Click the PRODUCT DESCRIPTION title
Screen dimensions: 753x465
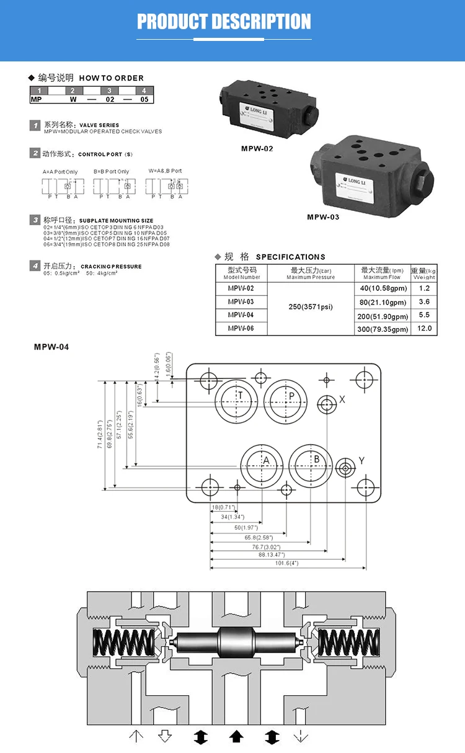(x=224, y=22)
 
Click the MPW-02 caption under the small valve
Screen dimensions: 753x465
(x=257, y=148)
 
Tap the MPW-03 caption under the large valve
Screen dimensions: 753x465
(x=323, y=217)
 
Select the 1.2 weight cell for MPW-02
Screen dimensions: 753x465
(x=424, y=288)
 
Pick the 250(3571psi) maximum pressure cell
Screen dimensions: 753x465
(x=311, y=307)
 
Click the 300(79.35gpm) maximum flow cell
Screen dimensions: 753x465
(x=383, y=329)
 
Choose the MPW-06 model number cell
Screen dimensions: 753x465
(x=241, y=328)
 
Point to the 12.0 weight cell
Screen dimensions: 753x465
(x=424, y=329)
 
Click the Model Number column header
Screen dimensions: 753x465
(x=241, y=274)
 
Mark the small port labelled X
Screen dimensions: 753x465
(x=326, y=404)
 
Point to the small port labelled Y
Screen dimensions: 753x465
(x=345, y=469)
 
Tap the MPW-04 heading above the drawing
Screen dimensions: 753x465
(x=51, y=347)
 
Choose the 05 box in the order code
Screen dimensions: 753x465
(x=144, y=99)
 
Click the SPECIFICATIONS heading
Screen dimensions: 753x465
(x=290, y=257)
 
